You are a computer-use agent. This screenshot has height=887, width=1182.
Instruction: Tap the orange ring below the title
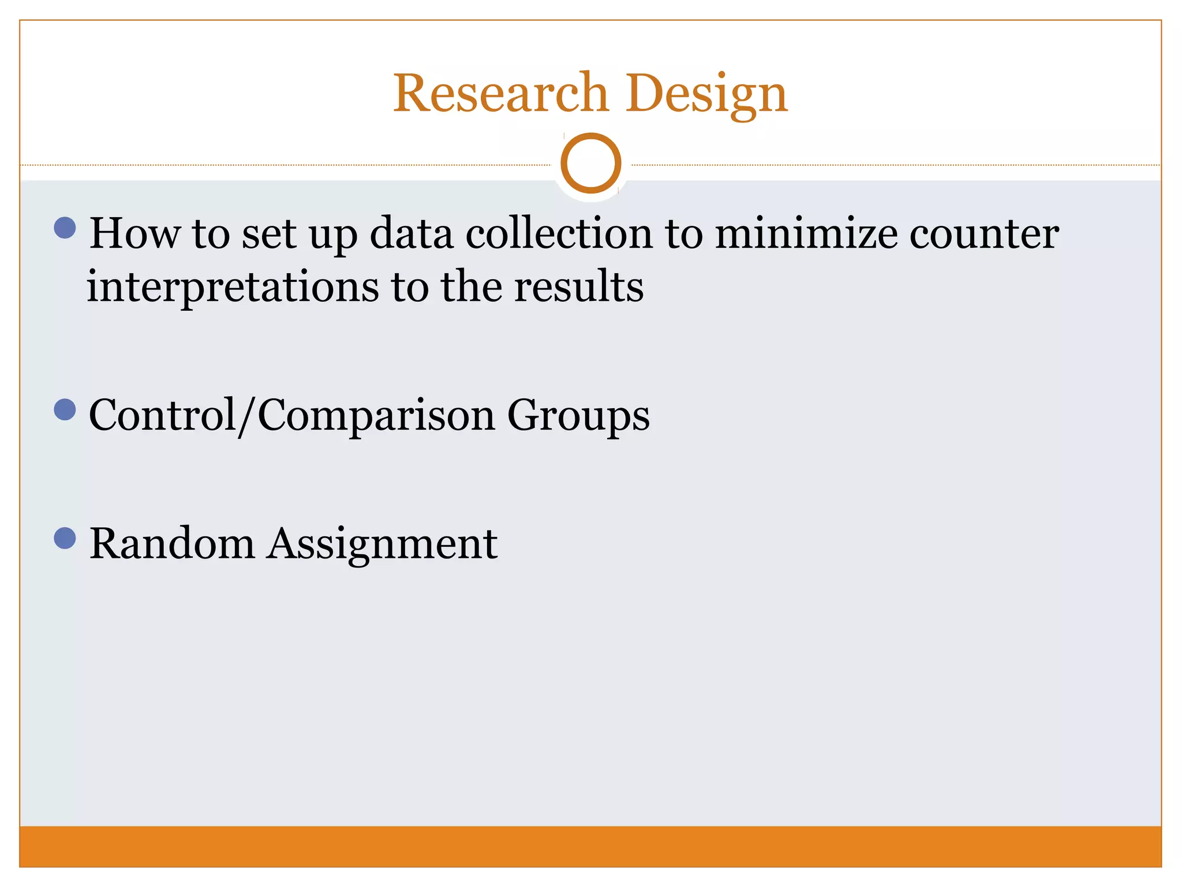pos(590,163)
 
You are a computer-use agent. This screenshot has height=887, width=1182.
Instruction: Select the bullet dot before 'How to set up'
pos(65,228)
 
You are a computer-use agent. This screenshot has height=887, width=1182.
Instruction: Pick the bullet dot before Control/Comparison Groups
pos(65,410)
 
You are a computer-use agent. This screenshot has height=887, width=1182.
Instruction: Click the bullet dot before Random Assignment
pos(65,538)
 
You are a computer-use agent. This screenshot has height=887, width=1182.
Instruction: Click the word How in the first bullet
pos(134,233)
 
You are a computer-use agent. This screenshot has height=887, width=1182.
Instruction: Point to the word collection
pos(559,233)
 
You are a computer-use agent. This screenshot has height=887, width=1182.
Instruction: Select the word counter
pos(984,234)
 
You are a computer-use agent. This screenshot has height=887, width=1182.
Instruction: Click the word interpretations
pos(233,287)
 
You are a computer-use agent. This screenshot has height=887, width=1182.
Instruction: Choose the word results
pos(578,286)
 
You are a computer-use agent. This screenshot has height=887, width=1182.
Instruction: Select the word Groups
pos(578,416)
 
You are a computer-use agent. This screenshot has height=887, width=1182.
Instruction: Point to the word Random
pos(172,543)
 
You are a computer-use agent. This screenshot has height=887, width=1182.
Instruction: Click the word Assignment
pos(382,545)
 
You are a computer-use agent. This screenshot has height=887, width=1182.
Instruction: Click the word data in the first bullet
pos(411,233)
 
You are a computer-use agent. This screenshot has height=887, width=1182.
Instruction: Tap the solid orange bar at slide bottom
pos(590,846)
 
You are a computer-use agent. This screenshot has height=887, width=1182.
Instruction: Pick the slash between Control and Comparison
pos(247,416)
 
